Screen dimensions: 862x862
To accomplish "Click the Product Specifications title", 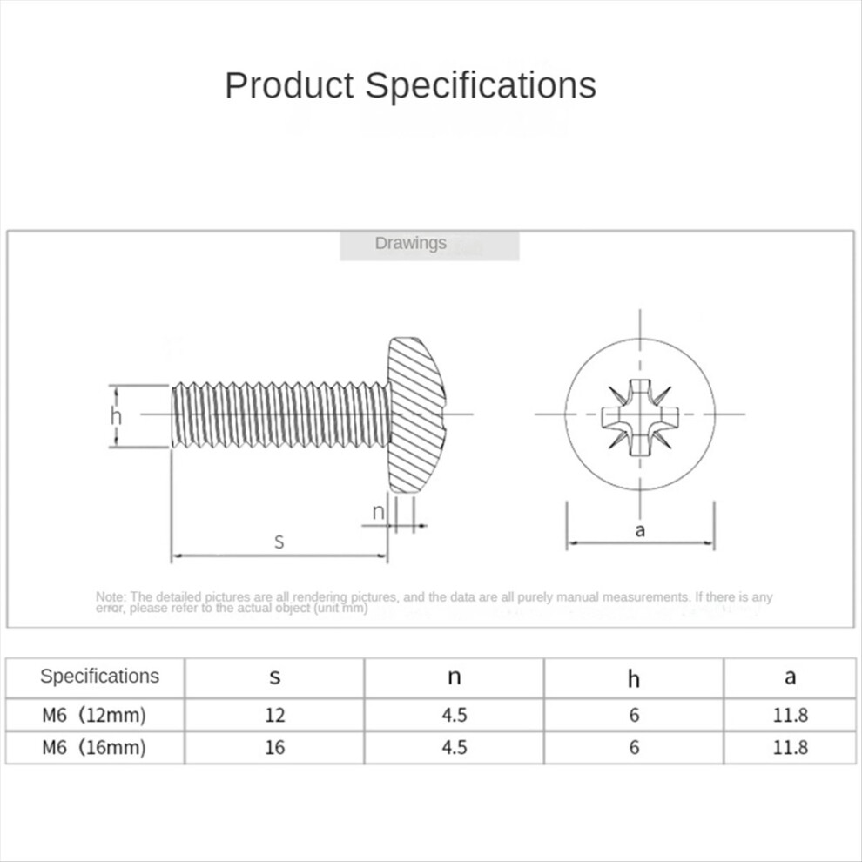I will tap(410, 85).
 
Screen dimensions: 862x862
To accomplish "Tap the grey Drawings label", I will tap(410, 244).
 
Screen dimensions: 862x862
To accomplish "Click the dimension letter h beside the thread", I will tap(116, 416).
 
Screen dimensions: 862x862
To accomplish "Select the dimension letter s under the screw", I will tap(279, 542).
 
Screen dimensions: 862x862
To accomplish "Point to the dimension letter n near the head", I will tap(378, 512).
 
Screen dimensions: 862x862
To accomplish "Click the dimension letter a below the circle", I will tap(640, 529).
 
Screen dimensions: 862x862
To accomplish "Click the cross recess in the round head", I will tap(640, 414).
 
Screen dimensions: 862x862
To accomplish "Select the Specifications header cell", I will tap(99, 677).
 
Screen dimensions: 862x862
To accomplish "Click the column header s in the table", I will tap(274, 677).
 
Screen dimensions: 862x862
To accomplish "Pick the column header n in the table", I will tap(454, 677).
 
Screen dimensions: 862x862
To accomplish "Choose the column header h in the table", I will tap(634, 678).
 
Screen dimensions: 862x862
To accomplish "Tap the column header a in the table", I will tap(790, 677).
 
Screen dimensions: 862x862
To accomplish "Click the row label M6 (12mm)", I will tap(94, 716).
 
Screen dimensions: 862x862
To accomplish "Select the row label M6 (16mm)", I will tap(94, 747).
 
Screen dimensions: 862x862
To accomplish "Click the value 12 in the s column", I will tap(274, 716).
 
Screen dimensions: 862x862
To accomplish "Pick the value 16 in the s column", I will tap(274, 747).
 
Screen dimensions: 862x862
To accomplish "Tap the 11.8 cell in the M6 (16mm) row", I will tap(790, 747).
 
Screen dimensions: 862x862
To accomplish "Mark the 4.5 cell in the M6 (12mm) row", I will tap(454, 716).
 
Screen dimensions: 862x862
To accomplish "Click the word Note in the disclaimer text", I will tap(111, 597).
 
